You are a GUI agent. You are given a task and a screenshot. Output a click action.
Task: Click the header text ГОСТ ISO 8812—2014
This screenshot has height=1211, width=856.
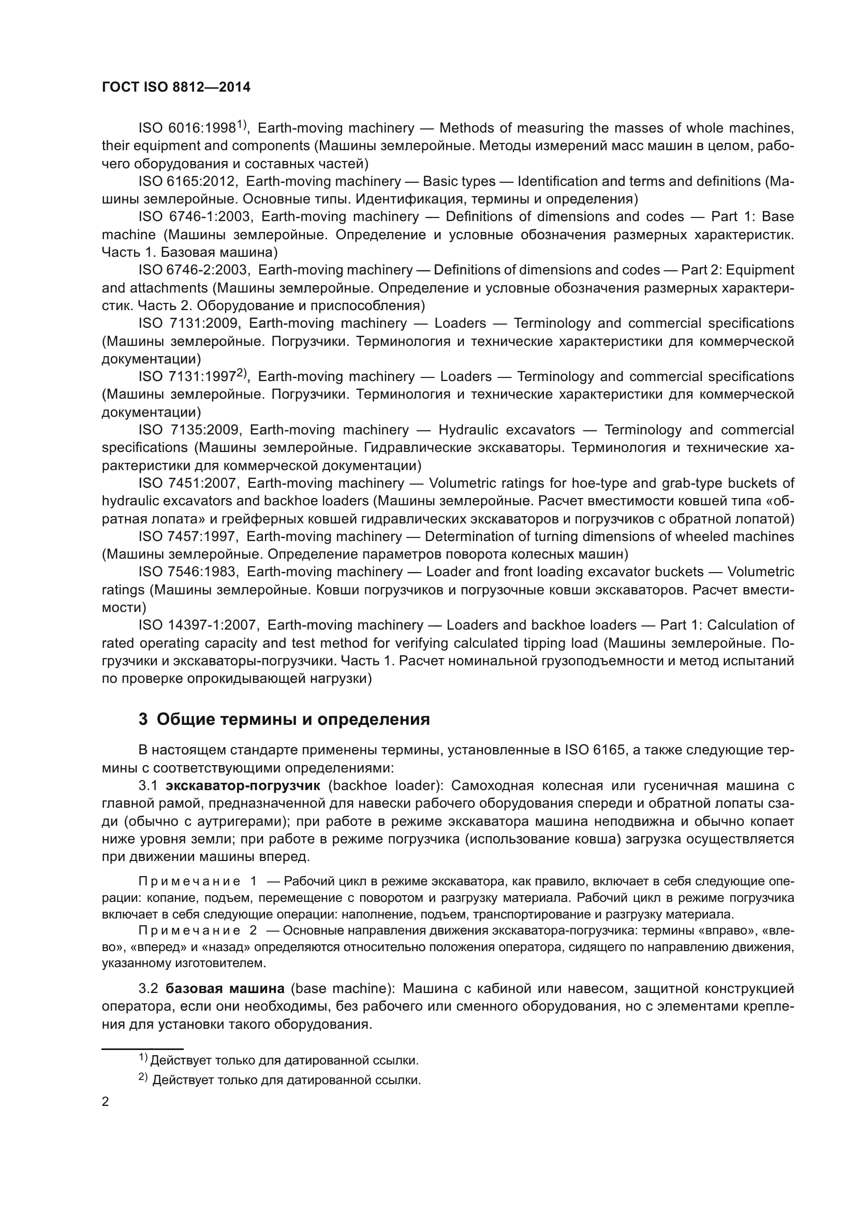point(176,87)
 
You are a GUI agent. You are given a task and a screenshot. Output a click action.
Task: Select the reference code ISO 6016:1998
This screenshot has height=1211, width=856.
point(187,128)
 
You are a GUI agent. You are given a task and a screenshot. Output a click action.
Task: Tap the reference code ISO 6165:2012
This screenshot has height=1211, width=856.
point(188,181)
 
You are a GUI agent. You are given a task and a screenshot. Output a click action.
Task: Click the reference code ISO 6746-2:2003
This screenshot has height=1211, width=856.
point(194,270)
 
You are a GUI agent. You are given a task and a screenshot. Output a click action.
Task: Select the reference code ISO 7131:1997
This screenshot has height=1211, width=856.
point(187,376)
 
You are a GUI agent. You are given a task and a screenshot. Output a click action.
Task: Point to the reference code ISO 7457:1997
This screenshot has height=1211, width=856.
point(188,536)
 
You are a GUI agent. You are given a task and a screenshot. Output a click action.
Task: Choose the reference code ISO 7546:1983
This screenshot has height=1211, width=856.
point(188,572)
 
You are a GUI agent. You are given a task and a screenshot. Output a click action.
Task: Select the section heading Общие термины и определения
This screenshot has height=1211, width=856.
point(293,720)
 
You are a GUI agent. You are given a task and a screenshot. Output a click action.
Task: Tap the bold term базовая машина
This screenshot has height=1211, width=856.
point(225,988)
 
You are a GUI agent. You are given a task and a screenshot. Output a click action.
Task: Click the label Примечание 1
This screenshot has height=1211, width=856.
point(197,881)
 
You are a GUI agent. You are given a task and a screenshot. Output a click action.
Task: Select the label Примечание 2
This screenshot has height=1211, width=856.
point(197,930)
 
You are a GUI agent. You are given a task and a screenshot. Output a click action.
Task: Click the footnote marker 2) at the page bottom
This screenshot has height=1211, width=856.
point(143,1077)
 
